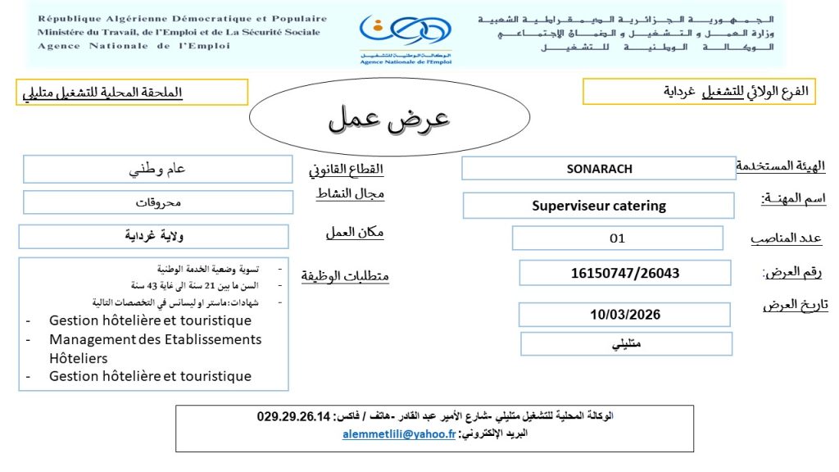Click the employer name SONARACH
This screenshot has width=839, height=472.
599,169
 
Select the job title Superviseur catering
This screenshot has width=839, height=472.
599,206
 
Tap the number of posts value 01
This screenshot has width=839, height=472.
617,238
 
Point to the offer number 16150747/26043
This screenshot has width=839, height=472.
625,273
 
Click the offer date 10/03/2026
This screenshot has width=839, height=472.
625,315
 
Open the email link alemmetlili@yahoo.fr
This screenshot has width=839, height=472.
399,434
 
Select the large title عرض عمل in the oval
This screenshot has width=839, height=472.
389,119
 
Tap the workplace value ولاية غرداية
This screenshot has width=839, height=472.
154,237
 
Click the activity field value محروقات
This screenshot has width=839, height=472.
158,202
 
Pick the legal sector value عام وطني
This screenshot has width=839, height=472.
158,170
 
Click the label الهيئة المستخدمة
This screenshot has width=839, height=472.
779,166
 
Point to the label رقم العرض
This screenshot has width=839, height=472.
791,272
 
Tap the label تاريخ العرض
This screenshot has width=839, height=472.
795,305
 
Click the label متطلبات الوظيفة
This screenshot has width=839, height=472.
342,276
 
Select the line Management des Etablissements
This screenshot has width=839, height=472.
155,339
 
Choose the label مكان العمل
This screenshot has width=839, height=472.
354,233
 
